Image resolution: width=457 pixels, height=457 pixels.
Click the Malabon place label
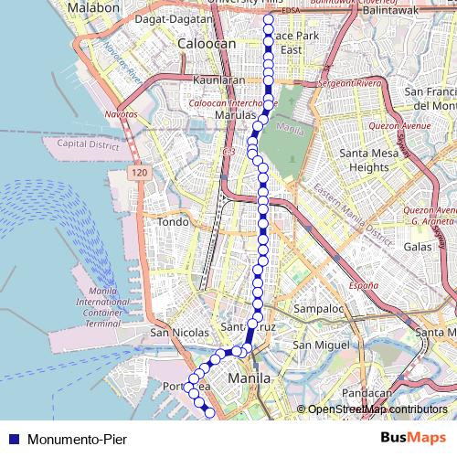(x=94, y=7)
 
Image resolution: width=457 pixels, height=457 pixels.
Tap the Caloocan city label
(x=207, y=43)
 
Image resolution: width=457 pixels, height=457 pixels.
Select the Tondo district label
(x=173, y=222)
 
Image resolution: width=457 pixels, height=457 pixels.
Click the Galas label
(x=418, y=247)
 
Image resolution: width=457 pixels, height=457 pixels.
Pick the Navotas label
(x=121, y=114)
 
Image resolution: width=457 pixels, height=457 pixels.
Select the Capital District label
(x=89, y=144)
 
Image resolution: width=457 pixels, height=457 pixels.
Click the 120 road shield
(x=138, y=172)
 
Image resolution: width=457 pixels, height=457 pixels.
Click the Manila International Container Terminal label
(x=103, y=307)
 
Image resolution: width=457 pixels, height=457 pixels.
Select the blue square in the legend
(x=13, y=439)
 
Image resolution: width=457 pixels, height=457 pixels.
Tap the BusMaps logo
(x=414, y=437)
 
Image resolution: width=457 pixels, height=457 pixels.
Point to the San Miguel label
(x=321, y=345)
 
